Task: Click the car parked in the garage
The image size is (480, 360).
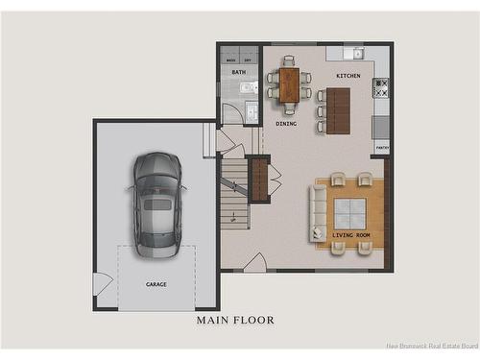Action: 157,204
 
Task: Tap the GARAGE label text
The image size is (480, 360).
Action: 156,284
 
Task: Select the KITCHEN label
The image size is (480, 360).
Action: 348,76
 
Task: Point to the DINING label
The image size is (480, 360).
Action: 286,123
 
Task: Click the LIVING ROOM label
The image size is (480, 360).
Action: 350,234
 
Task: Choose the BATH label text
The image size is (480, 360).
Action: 238,72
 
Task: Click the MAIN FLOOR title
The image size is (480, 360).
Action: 235,320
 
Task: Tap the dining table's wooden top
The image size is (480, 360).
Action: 289,84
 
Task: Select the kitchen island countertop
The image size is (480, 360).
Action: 338,110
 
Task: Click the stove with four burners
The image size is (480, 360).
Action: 381,87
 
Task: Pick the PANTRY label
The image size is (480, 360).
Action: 382,148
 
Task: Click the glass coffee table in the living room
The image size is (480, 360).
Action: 349,212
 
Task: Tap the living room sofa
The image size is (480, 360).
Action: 318,213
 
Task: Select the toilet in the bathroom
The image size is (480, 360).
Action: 249,87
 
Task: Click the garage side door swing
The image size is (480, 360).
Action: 101,283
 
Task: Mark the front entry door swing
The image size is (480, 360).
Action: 255,262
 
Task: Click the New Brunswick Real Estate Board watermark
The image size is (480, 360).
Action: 431,347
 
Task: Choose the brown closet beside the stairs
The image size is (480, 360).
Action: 259,179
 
